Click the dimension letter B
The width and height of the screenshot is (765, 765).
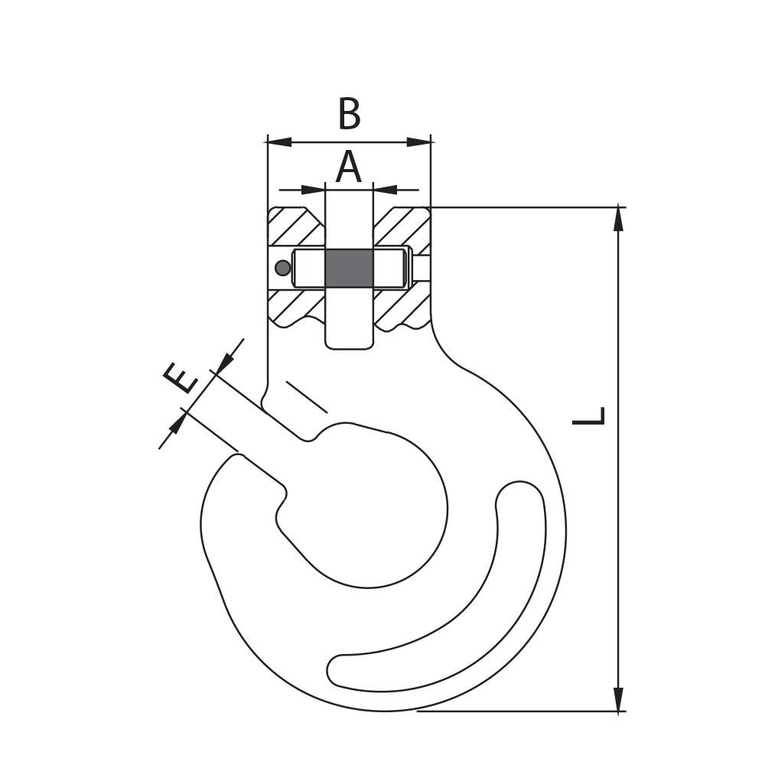point(350,114)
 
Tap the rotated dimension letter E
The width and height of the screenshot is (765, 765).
point(181,379)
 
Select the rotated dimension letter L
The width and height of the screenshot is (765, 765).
point(589,415)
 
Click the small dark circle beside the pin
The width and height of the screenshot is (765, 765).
point(282,267)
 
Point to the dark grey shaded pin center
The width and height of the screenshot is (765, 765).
point(349,268)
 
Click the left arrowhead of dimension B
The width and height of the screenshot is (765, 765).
point(278,142)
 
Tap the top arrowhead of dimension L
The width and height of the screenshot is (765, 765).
point(619,218)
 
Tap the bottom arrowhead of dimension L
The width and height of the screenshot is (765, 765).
point(619,700)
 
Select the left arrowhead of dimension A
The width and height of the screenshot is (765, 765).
point(313,189)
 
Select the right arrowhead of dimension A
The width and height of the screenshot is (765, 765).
point(385,189)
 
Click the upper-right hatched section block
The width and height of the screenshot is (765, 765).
point(402,228)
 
